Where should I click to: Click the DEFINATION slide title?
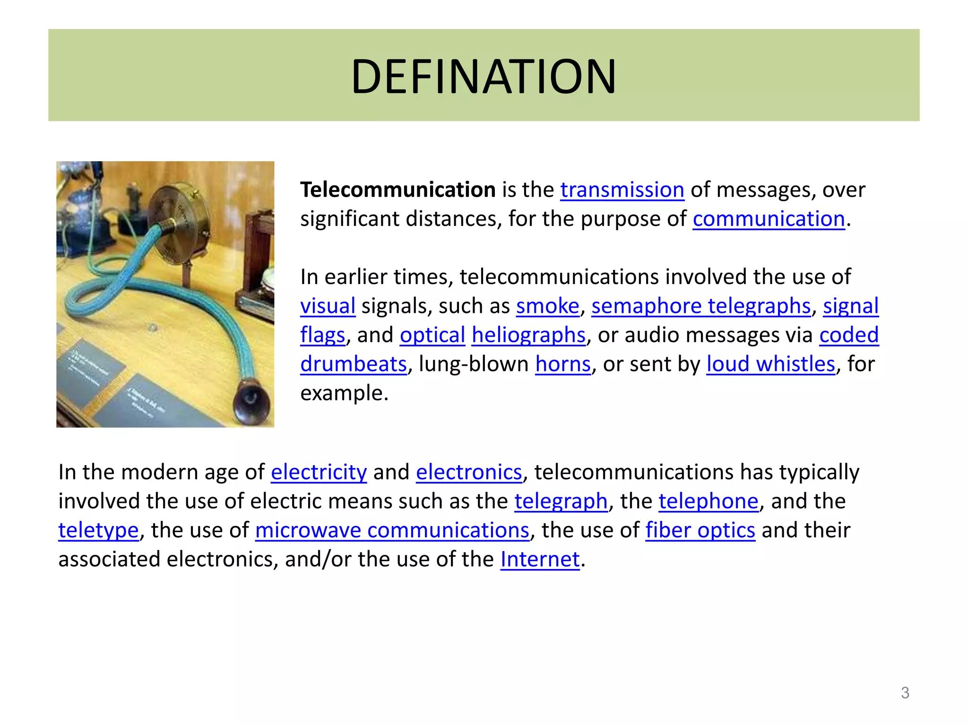click(484, 76)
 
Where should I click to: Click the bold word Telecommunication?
click(398, 190)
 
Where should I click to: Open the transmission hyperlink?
click(622, 190)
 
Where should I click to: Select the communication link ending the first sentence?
click(769, 219)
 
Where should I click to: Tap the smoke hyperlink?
click(547, 306)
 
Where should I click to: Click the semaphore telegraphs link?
click(700, 306)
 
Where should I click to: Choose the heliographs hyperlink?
click(528, 335)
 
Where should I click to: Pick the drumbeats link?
click(354, 364)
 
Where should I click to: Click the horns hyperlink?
click(562, 364)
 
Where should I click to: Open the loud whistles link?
click(770, 364)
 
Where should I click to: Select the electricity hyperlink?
click(319, 472)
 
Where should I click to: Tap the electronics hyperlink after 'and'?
click(469, 472)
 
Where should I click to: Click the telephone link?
click(708, 501)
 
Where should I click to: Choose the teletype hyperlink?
click(98, 530)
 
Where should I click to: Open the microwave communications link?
click(392, 530)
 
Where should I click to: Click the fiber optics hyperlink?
click(700, 530)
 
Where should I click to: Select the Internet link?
click(540, 560)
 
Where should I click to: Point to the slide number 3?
click(905, 693)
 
